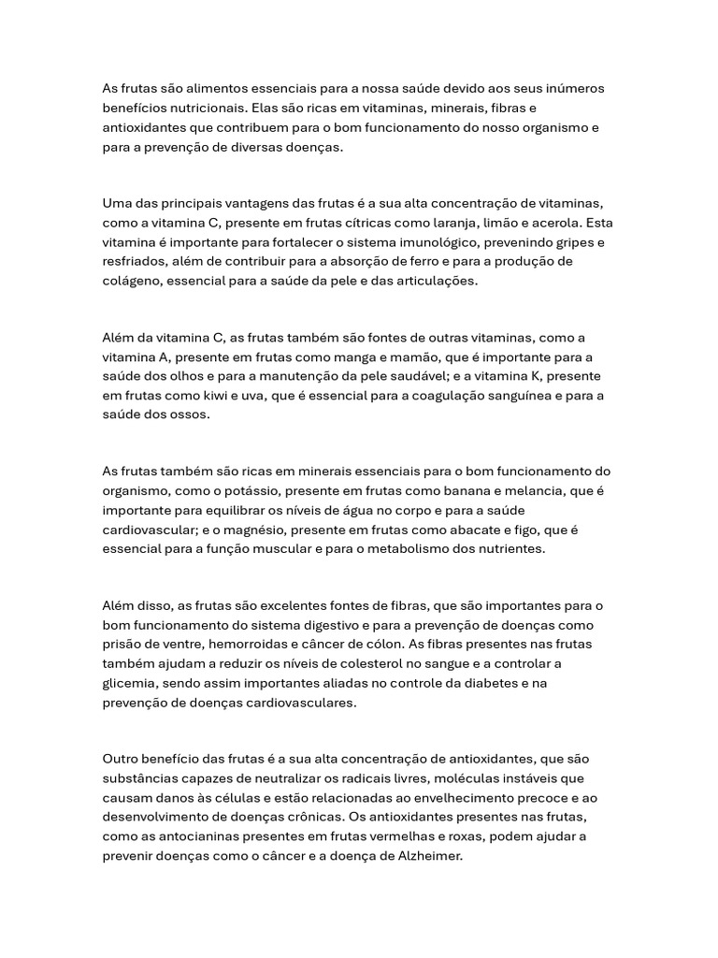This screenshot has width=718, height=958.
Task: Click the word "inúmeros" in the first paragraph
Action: pyautogui.click(x=575, y=89)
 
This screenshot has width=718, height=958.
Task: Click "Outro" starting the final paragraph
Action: pyautogui.click(x=121, y=759)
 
